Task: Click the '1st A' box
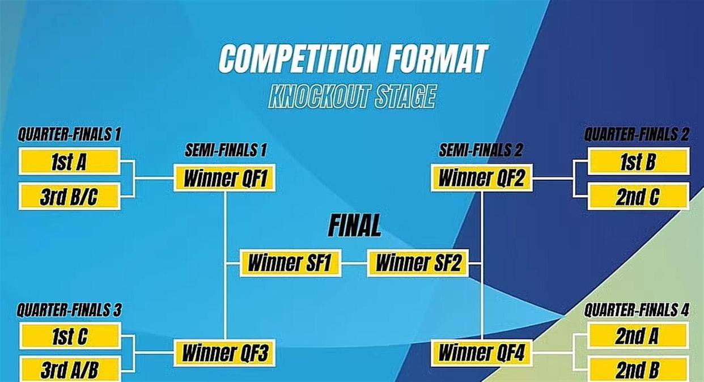70,162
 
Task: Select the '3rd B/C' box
70,196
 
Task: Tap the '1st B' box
638,162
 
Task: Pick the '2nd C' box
638,196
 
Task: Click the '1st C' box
70,336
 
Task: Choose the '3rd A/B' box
70,369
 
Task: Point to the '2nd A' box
638,336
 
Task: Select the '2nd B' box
638,369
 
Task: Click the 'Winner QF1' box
224,178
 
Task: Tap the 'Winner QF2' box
482,177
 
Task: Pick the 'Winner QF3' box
224,353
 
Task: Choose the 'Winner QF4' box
482,353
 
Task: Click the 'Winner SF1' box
290,263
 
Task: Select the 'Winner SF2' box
418,263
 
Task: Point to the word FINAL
354,226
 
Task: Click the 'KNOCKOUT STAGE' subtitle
353,96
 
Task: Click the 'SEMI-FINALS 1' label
226,150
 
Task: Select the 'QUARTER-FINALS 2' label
637,134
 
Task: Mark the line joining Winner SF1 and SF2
354,263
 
